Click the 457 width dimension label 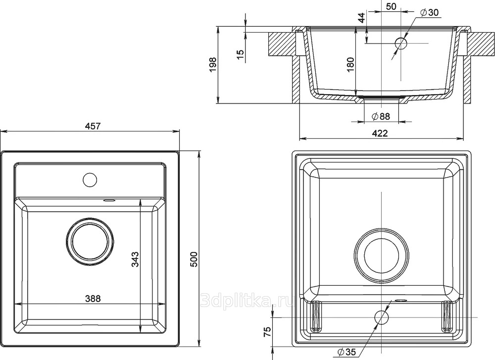click(93, 126)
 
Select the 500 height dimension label click(194, 259)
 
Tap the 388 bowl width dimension click(93, 299)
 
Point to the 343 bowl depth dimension click(135, 259)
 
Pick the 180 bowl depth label click(350, 65)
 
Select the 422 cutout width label click(380, 133)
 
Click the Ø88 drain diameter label click(381, 116)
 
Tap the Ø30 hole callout click(429, 12)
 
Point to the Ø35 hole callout click(346, 352)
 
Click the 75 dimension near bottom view click(267, 331)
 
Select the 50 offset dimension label click(391, 6)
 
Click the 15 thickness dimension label click(241, 54)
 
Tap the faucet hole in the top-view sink click(90, 179)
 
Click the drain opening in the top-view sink click(90, 242)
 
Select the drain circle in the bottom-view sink click(381, 255)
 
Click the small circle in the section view click(401, 43)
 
